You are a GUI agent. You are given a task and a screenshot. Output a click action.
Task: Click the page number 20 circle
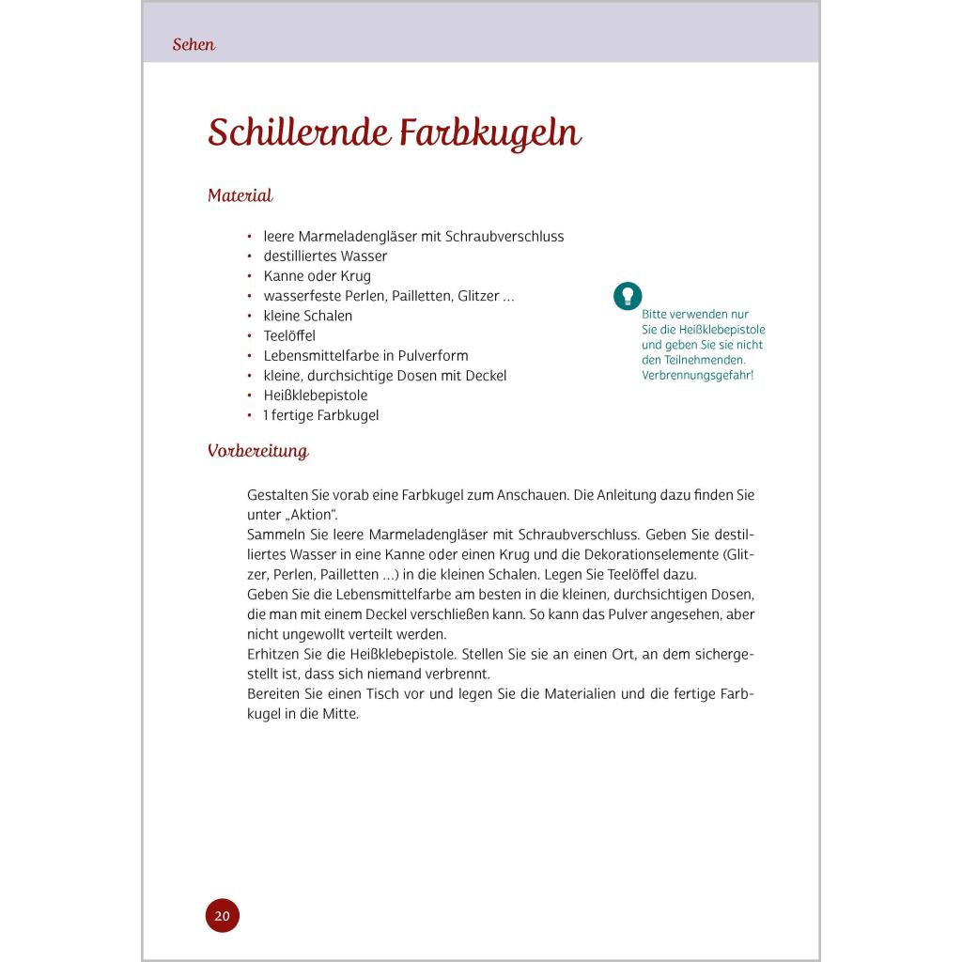223,915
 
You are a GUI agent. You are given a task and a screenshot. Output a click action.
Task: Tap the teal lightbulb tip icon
628,296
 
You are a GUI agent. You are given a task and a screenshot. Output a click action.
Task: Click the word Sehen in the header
194,44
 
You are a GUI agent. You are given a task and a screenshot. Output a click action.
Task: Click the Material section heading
240,195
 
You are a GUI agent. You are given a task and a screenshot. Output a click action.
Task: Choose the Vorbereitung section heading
257,451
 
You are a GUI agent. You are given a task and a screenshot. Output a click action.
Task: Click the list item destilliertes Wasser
325,256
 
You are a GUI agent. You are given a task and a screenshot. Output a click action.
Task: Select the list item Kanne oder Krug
317,276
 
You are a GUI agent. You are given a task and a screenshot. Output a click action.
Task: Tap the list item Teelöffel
289,335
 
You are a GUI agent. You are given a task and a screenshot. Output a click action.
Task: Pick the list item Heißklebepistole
315,395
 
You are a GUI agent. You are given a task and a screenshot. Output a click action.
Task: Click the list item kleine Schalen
307,316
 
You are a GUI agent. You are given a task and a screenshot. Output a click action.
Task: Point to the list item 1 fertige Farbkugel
320,415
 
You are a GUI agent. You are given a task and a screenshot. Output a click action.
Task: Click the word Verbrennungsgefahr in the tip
697,375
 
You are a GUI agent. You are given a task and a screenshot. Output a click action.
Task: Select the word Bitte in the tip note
657,315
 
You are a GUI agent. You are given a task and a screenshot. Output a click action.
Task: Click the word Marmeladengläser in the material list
357,236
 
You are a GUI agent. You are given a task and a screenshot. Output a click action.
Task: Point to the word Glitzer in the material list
479,296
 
